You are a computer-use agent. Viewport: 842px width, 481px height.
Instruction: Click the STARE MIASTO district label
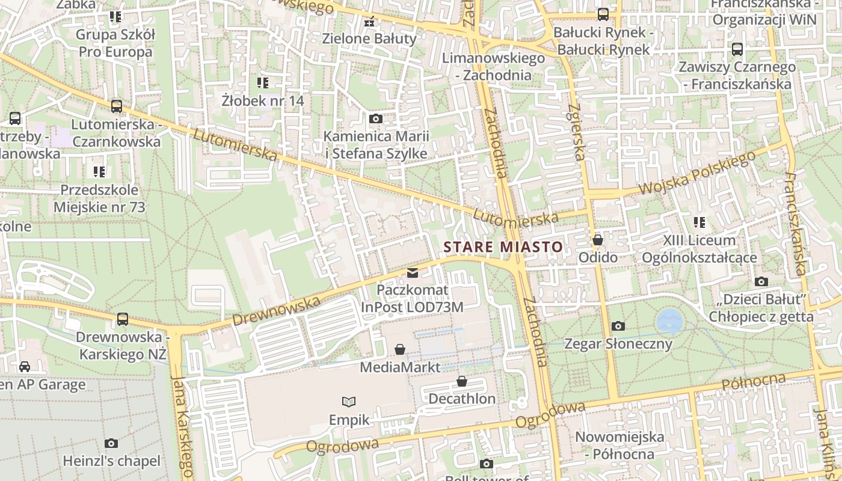tap(503, 247)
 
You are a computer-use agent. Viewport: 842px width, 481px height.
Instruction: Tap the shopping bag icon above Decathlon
tap(462, 381)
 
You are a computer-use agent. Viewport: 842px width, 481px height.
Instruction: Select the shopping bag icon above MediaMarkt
tap(400, 349)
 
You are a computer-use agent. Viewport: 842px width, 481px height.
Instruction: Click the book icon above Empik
tap(349, 402)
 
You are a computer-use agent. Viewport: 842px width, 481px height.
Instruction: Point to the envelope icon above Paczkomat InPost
tap(412, 273)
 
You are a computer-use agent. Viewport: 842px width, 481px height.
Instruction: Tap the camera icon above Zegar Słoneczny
tap(618, 326)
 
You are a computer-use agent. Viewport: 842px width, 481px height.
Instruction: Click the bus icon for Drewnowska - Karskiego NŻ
tap(123, 319)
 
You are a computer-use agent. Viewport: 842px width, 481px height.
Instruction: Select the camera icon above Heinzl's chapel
tap(111, 444)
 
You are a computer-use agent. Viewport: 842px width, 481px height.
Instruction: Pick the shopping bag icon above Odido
tap(597, 240)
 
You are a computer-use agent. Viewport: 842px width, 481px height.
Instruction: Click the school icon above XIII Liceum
tap(699, 222)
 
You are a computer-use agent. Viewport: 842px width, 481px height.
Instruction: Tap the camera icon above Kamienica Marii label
tap(376, 119)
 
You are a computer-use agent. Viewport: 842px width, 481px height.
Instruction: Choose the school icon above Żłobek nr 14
tap(263, 82)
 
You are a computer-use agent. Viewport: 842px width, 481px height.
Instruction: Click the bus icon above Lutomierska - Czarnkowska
tap(117, 106)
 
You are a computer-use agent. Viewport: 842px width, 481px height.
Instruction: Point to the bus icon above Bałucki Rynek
tap(603, 14)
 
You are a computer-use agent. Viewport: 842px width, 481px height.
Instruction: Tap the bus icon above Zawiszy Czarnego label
tap(737, 49)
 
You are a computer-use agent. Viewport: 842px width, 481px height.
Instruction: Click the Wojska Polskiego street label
tap(696, 174)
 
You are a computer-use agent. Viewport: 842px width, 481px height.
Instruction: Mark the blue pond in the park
tap(669, 320)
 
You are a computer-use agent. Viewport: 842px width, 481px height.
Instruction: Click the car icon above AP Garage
tap(25, 367)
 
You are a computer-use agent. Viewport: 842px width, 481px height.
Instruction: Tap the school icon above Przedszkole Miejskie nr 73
tap(99, 173)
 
